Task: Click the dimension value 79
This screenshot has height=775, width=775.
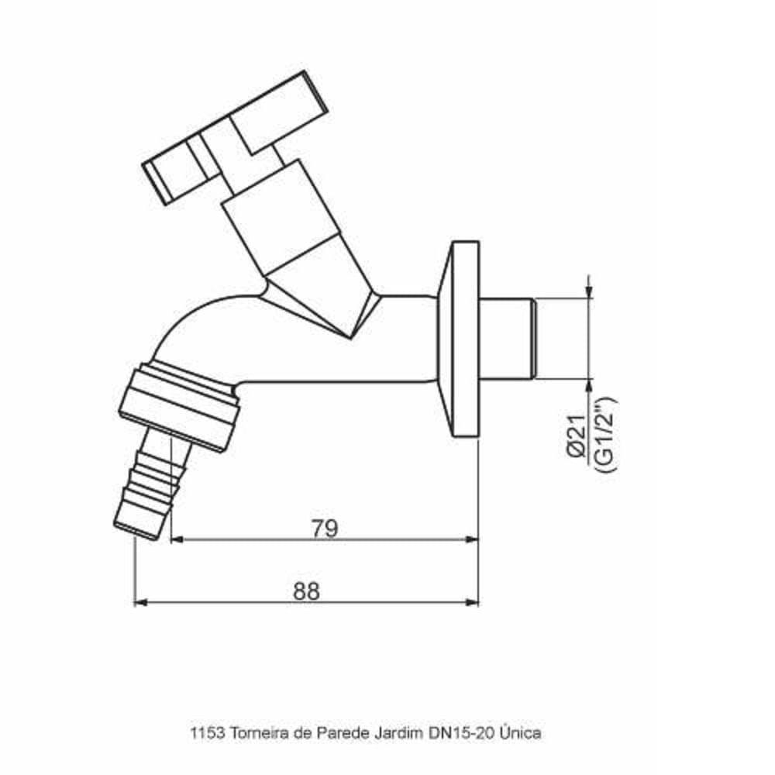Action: pos(325,529)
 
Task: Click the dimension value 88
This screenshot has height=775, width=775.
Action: pos(307,591)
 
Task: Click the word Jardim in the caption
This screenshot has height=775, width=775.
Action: pos(384,732)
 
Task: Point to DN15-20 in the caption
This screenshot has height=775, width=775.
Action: pos(454,732)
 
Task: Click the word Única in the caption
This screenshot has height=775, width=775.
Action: pos(520,732)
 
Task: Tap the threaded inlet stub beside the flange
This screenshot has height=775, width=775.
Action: pos(508,338)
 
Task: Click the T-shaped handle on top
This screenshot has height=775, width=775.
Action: pos(232,139)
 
